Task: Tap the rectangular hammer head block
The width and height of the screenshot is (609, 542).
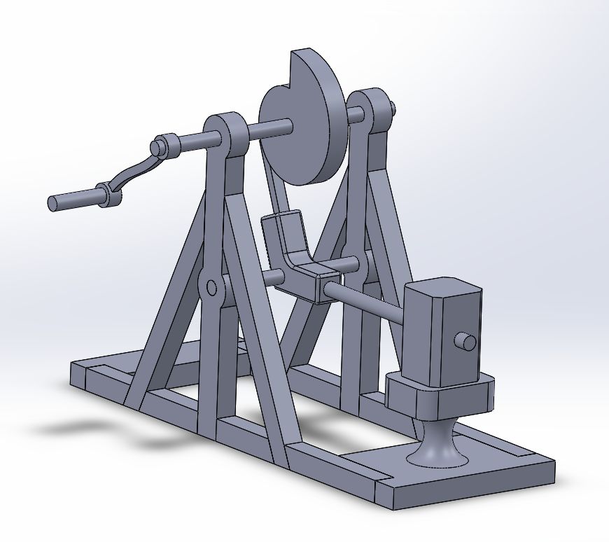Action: [x=441, y=329]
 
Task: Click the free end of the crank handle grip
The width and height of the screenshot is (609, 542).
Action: [x=53, y=203]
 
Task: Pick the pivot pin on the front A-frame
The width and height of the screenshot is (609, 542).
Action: [x=211, y=286]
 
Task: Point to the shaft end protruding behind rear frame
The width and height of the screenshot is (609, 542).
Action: [x=393, y=108]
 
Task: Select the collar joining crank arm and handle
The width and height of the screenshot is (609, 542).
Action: [x=108, y=194]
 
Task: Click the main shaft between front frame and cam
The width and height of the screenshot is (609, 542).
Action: [x=269, y=129]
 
